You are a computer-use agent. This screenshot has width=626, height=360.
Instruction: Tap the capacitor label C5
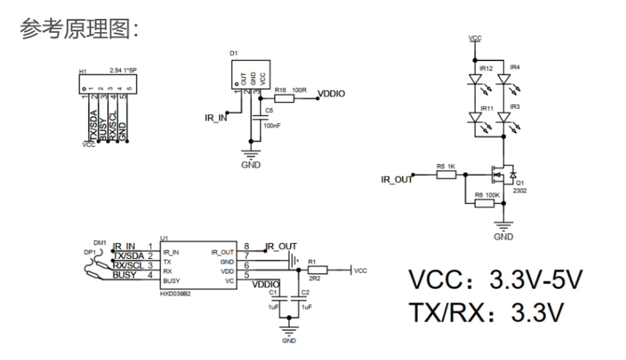point(269,111)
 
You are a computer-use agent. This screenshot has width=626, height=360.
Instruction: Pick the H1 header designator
point(82,72)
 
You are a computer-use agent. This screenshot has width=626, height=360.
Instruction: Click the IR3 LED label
point(515,107)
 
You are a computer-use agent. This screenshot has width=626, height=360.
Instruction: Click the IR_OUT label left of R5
point(397,178)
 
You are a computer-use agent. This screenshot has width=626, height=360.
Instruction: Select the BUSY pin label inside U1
point(172,280)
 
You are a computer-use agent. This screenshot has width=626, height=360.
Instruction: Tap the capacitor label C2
point(305,292)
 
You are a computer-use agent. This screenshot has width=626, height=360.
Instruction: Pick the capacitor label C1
point(274,292)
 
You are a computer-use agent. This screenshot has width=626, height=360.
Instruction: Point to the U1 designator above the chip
point(163,238)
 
